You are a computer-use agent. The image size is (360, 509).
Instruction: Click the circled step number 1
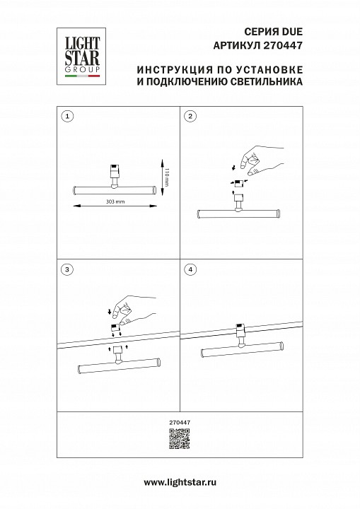point(66,116)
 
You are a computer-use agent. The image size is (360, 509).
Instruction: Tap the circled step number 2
point(190,116)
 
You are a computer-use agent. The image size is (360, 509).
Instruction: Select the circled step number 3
point(66,269)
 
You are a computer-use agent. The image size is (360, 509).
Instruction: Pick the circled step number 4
point(190,269)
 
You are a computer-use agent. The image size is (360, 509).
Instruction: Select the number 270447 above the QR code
point(180,423)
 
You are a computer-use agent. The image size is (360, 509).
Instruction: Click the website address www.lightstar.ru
point(180,481)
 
